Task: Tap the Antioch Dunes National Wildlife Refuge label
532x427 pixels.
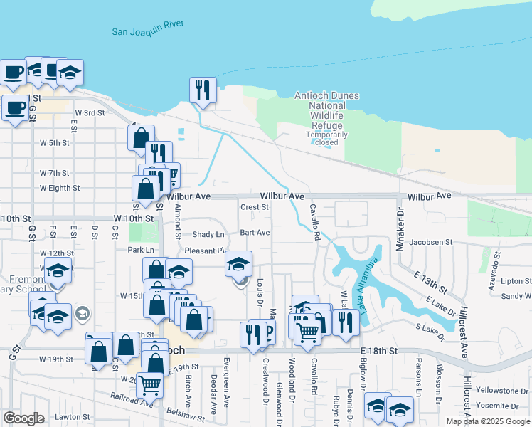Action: (326, 110)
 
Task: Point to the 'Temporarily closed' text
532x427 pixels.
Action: (326, 138)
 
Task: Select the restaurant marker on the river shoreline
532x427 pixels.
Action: (203, 90)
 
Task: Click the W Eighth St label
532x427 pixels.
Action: (60, 188)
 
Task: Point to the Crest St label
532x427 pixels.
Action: (254, 208)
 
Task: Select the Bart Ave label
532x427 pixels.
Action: (254, 232)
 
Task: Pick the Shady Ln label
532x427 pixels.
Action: (208, 234)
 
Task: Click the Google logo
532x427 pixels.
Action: (23, 418)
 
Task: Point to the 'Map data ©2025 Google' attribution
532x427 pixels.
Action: (488, 421)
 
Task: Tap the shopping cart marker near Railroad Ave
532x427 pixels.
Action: (149, 384)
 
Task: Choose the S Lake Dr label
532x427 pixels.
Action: (429, 328)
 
